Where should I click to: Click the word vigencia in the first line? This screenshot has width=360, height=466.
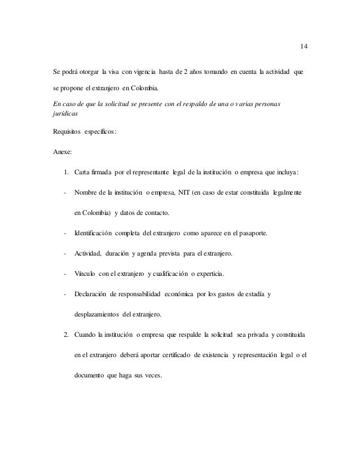144,72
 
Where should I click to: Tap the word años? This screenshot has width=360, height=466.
200,72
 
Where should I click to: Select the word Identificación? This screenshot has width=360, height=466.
98,232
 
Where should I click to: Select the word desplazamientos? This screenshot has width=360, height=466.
98,313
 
